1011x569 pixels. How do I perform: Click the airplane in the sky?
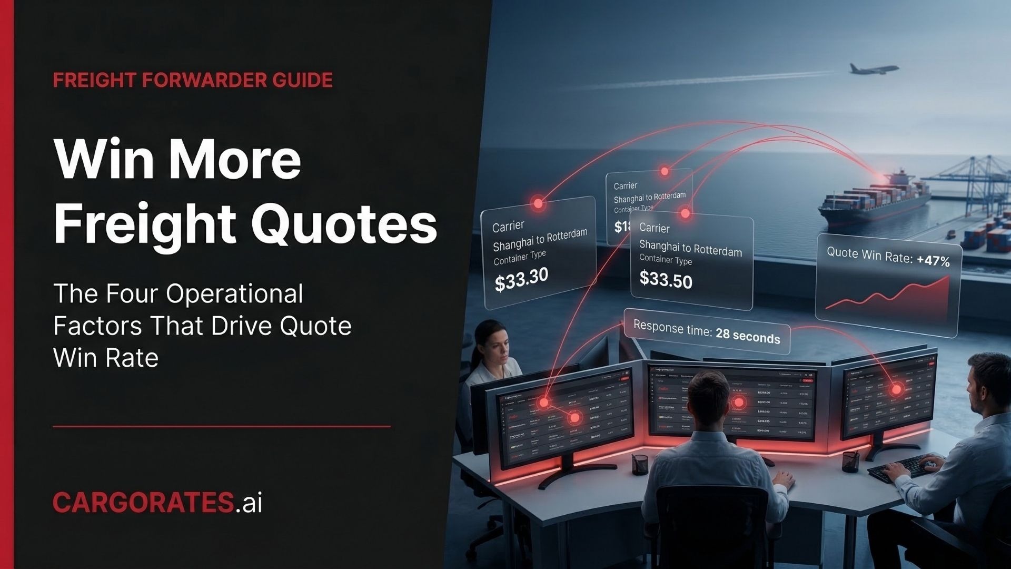873,69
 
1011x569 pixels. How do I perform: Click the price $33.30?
521,279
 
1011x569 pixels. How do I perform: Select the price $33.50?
666,279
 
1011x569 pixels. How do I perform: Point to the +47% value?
933,260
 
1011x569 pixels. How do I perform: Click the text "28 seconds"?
748,336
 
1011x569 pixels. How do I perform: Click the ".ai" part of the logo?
249,502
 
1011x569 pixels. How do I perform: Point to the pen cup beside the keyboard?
850,462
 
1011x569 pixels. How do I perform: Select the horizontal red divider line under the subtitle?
221,426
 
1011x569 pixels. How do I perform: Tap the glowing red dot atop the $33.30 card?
538,203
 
